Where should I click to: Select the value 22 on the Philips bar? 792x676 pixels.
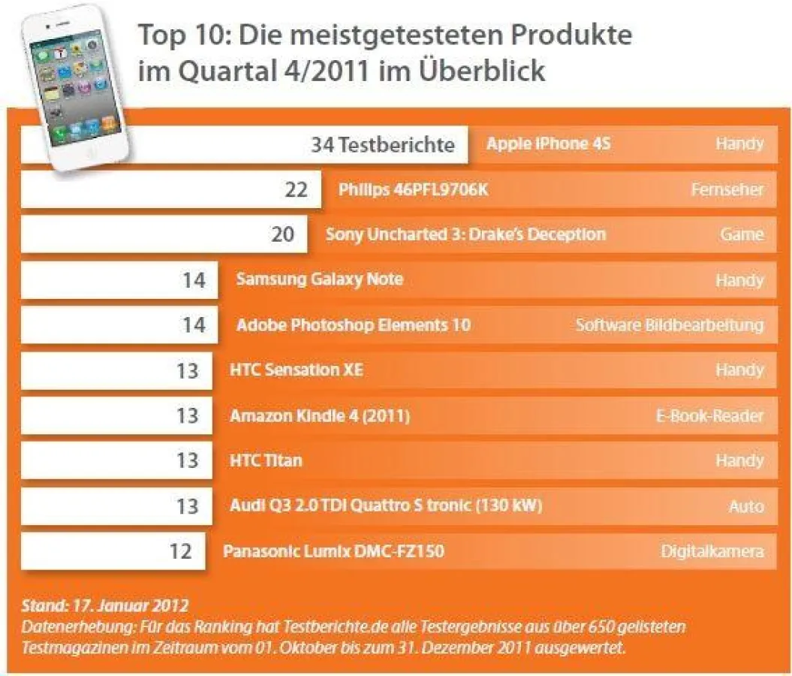(296, 190)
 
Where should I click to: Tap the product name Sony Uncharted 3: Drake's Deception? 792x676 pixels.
(465, 234)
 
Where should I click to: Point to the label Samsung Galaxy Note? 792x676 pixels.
(319, 279)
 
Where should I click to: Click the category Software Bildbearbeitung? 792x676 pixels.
(669, 325)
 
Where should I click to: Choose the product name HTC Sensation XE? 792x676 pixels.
(296, 370)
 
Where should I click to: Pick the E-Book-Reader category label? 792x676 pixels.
(709, 415)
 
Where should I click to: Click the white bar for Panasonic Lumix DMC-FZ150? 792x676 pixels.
(113, 551)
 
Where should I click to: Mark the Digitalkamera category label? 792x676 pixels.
(712, 551)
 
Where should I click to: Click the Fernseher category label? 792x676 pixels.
(727, 190)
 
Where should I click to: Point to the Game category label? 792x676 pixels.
(742, 234)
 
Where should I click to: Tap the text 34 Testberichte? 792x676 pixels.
(382, 145)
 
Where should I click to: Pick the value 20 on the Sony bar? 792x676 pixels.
(282, 235)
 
